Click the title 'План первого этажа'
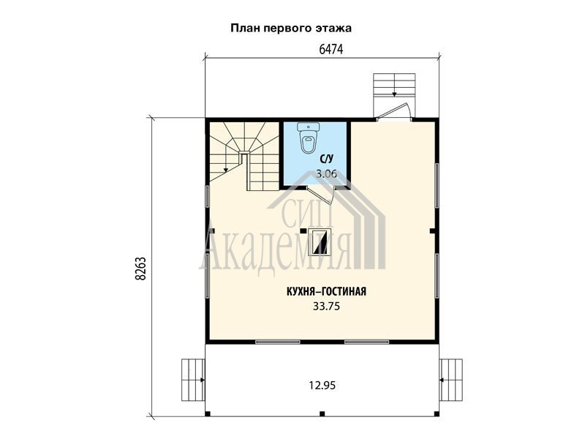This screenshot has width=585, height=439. point(290,29)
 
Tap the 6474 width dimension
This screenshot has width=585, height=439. point(331,49)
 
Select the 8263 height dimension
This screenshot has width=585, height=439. point(140,269)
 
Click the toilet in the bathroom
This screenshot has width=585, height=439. point(309,138)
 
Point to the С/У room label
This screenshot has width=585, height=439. point(326,159)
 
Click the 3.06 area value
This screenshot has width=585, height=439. point(326,173)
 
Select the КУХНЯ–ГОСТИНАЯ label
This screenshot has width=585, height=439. point(326,291)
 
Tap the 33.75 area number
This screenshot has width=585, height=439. point(326,307)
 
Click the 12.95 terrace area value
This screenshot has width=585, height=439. point(322,385)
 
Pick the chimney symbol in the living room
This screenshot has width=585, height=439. point(320,241)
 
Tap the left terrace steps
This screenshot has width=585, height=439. point(193,380)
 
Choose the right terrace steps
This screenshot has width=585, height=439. point(451,380)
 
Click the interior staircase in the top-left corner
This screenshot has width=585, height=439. point(244,157)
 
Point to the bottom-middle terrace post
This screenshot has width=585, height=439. point(322,413)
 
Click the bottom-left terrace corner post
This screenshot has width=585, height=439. point(208,413)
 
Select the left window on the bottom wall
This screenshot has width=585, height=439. point(278,341)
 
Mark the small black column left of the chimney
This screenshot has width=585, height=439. point(303,230)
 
